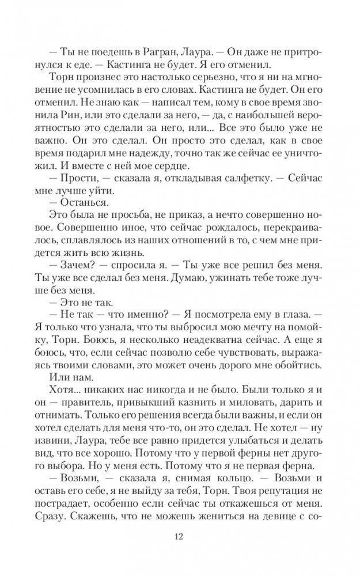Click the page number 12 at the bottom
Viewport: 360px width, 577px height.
(180, 537)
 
